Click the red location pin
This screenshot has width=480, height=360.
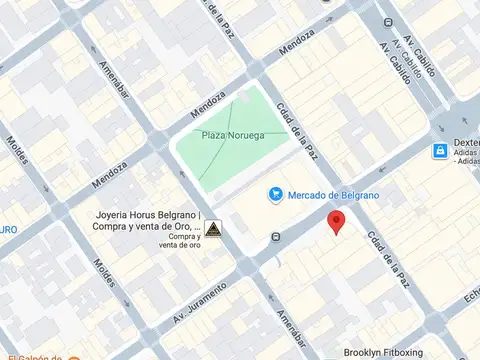(337, 222)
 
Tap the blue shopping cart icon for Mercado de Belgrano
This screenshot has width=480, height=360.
(274, 195)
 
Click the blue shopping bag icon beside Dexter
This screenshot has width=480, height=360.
(439, 151)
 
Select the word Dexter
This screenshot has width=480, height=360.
(466, 143)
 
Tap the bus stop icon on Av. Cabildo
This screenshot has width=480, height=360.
(388, 22)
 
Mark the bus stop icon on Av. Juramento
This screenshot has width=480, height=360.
(277, 238)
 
